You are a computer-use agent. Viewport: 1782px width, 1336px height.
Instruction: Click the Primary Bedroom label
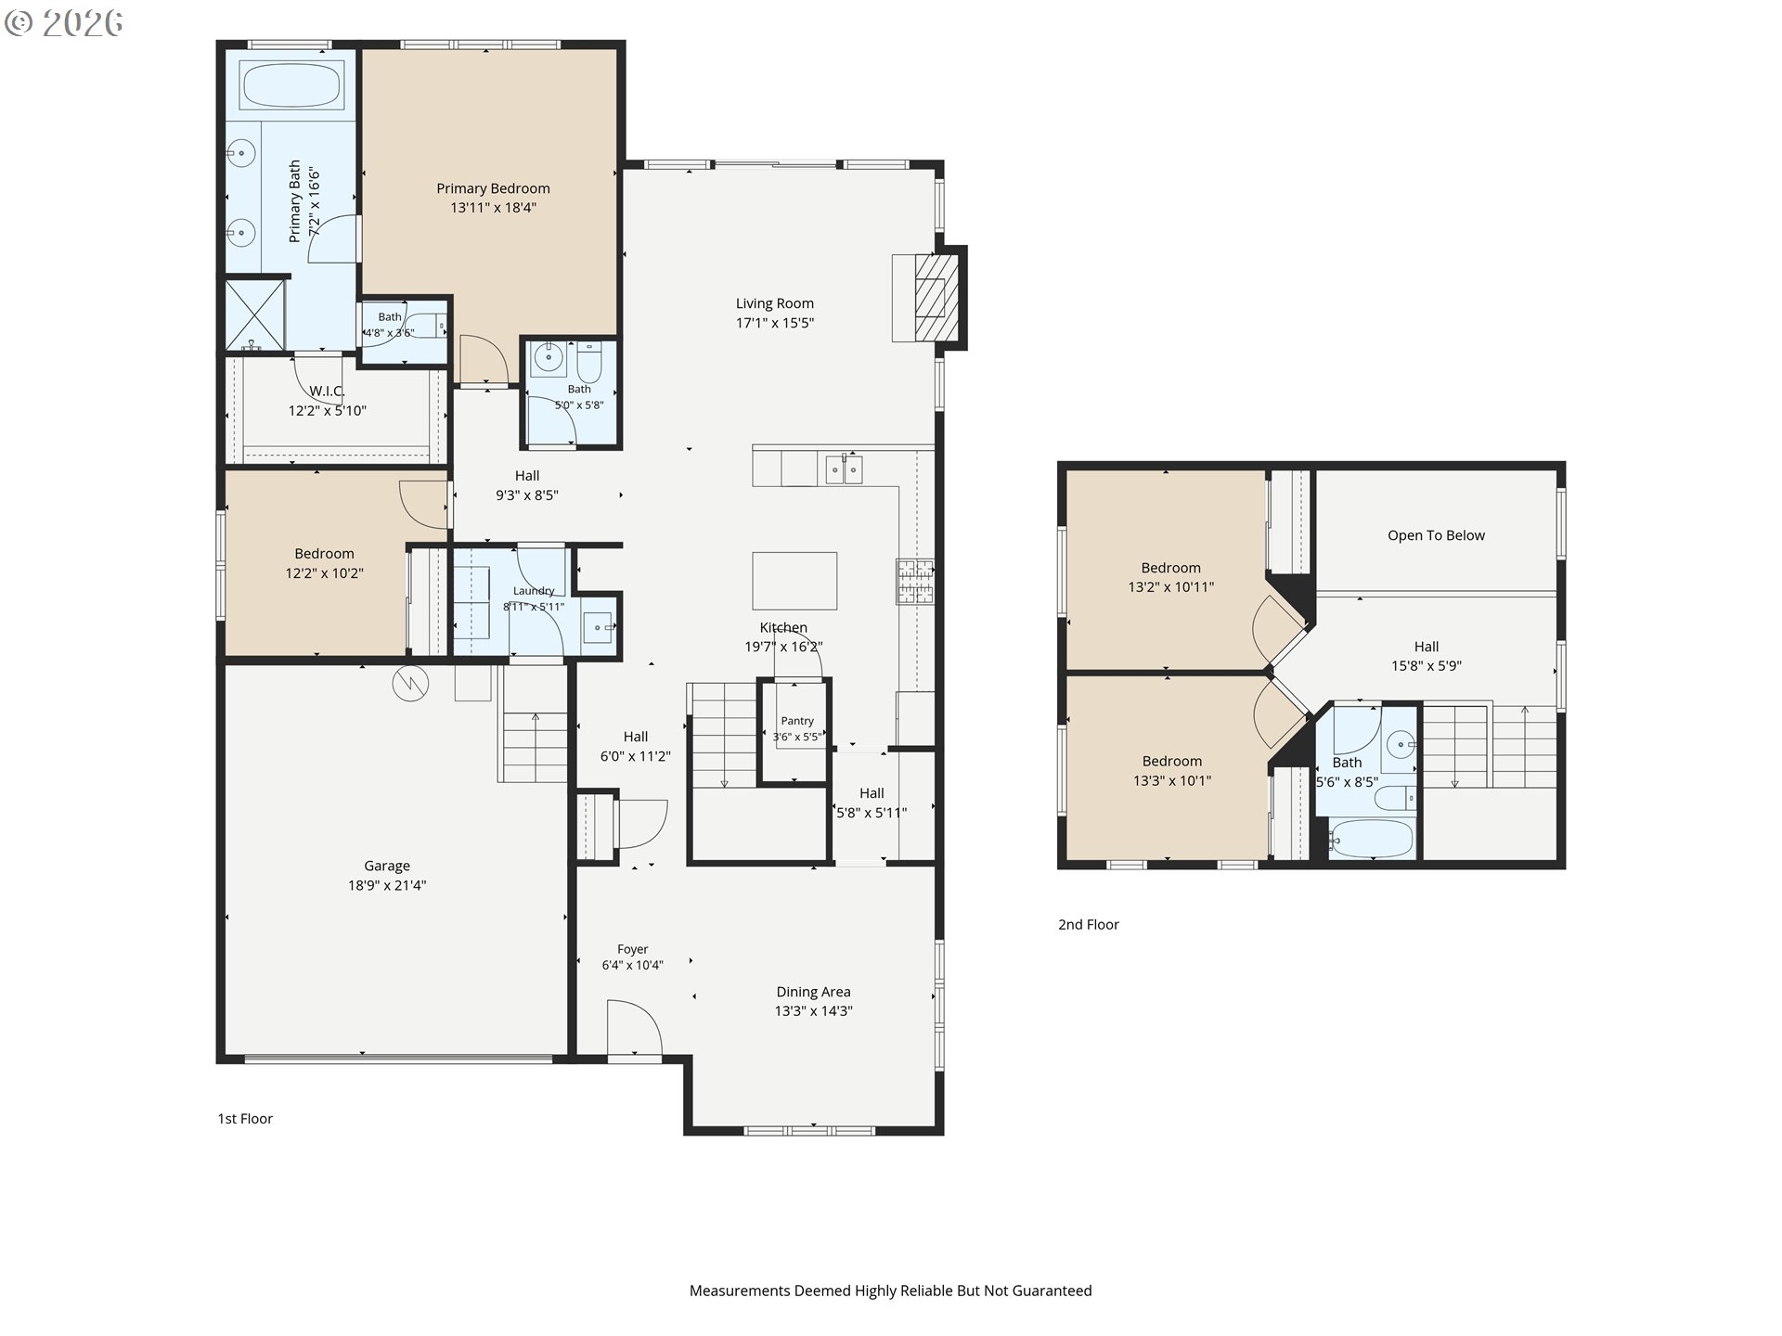coord(493,188)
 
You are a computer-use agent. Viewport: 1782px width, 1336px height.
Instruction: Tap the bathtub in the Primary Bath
coord(292,84)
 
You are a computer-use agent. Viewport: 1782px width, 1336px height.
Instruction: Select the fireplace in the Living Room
coord(930,298)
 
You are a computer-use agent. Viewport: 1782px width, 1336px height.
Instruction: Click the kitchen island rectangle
coord(794,581)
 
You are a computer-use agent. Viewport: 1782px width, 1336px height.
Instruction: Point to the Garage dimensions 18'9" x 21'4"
coord(387,885)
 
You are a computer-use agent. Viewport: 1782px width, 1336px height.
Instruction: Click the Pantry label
coord(797,721)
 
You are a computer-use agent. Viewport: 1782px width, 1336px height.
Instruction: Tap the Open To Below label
coord(1436,535)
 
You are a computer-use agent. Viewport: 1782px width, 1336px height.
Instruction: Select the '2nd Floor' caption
coord(1089,924)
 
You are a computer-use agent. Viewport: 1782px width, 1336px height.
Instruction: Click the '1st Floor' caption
coord(245,1118)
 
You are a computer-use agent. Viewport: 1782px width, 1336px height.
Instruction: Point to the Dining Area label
coord(813,992)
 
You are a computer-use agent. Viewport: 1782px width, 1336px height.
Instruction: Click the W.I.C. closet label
coord(326,391)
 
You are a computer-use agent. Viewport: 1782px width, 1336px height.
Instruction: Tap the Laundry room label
coord(534,591)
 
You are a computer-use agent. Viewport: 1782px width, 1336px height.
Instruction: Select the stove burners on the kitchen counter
coord(915,582)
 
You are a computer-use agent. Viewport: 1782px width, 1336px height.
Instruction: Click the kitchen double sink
coord(845,469)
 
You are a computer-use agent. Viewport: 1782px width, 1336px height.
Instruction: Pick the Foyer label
coord(633,949)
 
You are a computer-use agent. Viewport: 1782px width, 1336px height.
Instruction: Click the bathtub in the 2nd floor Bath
coord(1371,840)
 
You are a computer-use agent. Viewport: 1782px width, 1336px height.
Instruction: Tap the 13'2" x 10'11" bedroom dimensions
coord(1171,586)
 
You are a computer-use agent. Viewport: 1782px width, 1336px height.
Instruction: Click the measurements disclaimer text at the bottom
coord(891,1291)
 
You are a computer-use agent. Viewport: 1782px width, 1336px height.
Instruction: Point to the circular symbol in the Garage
coord(407,684)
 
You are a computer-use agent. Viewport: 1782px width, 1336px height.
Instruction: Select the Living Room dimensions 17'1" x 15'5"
coord(775,323)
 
